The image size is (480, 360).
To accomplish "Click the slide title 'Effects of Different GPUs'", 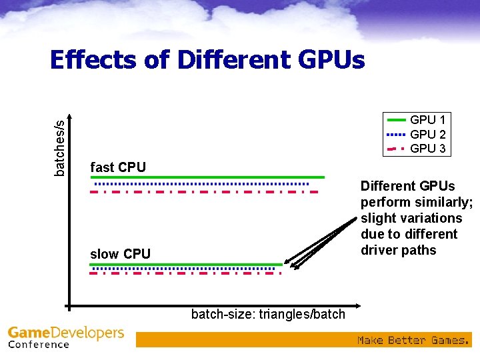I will point(207,60).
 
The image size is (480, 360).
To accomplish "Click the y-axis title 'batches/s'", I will point(59,148).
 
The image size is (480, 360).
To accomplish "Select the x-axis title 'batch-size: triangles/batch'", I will point(268,314).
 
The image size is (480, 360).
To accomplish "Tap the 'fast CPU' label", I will point(118,167).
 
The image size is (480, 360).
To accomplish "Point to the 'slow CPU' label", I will point(120,254).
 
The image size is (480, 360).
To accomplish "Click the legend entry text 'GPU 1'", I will point(427,120).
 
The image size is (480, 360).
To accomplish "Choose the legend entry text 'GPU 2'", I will point(427,134).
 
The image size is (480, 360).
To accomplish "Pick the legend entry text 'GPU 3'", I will point(427,148).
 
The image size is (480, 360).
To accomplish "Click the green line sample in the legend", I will point(396,120).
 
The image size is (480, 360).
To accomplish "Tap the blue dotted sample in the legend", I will point(396,134).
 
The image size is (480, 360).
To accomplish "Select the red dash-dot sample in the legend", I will point(396,148).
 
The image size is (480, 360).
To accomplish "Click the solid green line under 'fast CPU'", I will point(207,177).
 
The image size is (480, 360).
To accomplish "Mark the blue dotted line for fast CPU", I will point(200,184).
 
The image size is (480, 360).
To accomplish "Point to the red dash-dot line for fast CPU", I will point(203,192).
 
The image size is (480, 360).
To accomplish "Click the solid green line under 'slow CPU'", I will point(187,264).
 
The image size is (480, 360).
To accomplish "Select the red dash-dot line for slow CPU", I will point(187,273).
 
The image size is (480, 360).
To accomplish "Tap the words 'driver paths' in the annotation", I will point(398,250).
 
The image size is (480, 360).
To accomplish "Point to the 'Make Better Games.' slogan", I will point(413,340).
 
